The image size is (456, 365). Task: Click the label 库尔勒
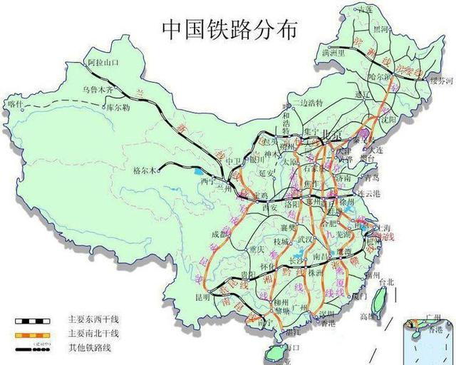coord(117,108)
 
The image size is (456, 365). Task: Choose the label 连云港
coord(372,194)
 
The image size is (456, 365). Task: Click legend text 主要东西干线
coord(93,320)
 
